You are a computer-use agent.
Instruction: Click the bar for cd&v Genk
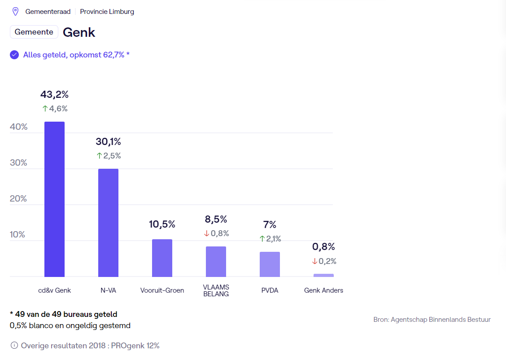click(54, 199)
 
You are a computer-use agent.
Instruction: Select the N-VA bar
click(108, 223)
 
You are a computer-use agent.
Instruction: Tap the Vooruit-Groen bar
click(162, 258)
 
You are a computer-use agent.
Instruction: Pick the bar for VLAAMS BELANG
click(216, 262)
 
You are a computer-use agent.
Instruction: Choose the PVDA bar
click(270, 264)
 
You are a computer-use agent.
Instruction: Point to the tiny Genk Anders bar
click(323, 275)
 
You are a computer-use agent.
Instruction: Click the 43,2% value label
click(54, 95)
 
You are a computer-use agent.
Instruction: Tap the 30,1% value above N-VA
click(108, 142)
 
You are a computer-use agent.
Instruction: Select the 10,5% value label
click(162, 224)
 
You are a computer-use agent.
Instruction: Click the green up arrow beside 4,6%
click(45, 109)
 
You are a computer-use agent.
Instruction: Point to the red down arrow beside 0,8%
click(207, 233)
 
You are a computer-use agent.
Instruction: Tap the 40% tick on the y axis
click(18, 127)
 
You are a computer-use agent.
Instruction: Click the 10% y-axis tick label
click(18, 235)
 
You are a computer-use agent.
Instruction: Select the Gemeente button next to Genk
click(34, 32)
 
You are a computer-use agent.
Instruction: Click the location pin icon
click(15, 12)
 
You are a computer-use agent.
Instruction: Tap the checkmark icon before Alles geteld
click(14, 55)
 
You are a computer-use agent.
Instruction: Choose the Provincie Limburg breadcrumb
click(107, 12)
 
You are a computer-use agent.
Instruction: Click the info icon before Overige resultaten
click(14, 346)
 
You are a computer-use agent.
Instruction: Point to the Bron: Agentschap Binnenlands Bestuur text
click(432, 320)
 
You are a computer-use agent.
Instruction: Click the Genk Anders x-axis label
click(323, 290)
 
